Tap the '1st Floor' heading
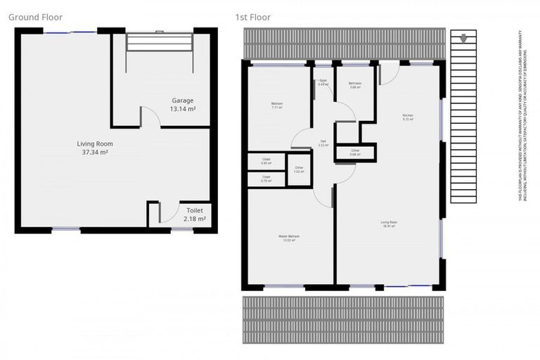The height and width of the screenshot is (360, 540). pos(253,17)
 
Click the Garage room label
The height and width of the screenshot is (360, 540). pos(182,101)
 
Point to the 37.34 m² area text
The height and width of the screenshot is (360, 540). pos(94,152)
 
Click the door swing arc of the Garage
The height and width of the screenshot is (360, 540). pos(150,116)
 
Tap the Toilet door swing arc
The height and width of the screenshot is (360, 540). pos(167,210)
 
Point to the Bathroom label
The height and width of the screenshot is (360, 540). pos(355,84)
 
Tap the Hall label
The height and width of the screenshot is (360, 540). pos(323,141)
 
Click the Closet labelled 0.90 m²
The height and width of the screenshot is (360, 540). pos(266,161)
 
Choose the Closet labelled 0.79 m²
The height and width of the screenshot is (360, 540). pos(266,178)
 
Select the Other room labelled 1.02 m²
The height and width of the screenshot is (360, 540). pos(299,168)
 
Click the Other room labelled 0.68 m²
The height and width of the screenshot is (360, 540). pos(356,150)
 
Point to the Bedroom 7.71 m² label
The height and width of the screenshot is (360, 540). pos(276,105)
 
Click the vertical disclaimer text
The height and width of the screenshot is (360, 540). pos(522,117)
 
